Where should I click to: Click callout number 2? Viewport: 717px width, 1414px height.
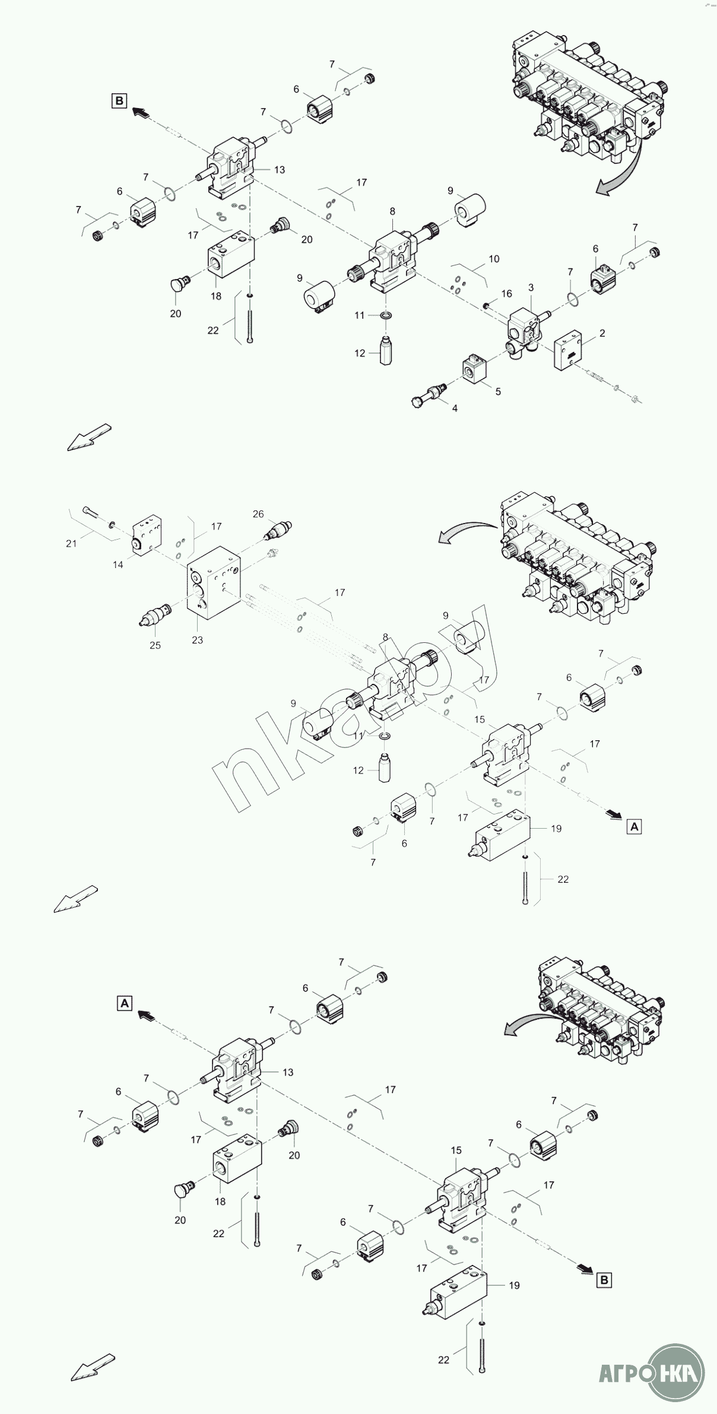(x=602, y=333)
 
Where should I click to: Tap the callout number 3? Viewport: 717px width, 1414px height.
(x=531, y=287)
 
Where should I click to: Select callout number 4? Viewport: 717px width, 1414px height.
(x=455, y=408)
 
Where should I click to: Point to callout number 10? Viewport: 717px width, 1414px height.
(x=494, y=259)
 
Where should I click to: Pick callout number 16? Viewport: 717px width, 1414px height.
(x=506, y=293)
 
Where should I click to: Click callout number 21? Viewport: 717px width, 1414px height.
(x=71, y=543)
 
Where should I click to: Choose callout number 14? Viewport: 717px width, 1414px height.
(x=118, y=565)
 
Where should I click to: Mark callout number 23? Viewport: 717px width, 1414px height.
(x=197, y=640)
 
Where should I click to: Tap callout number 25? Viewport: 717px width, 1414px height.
(x=155, y=645)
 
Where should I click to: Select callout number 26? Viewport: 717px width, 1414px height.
(x=258, y=513)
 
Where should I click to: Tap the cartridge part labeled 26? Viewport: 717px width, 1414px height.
(x=278, y=529)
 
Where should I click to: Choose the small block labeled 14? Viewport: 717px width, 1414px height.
(x=148, y=537)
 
